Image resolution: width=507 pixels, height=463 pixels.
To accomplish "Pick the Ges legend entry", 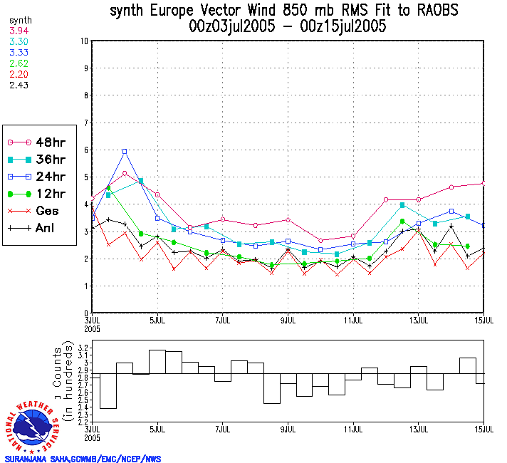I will [40, 211].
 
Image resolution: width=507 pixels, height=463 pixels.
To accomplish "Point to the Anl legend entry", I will [40, 229].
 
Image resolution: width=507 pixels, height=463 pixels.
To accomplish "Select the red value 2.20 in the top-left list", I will [18, 73].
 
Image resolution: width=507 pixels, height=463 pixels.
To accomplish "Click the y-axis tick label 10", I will [84, 41].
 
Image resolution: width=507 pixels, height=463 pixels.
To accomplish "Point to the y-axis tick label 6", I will [85, 150].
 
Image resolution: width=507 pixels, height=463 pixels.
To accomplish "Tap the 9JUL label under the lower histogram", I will [288, 429].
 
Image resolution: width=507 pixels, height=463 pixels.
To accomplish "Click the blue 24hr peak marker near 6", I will [125, 151].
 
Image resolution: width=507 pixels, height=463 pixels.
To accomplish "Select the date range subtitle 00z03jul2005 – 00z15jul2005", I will [287, 27].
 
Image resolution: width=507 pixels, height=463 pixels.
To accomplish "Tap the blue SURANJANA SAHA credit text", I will [83, 459].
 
